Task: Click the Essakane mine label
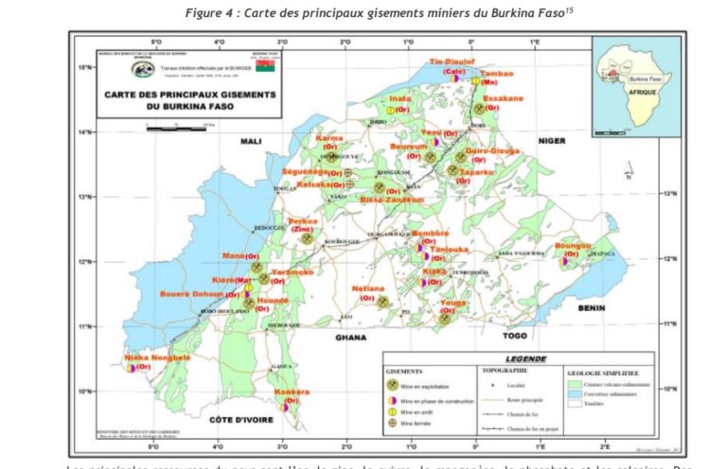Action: (503, 98)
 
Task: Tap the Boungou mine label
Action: (573, 246)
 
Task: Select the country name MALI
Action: (250, 141)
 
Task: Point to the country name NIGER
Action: (551, 141)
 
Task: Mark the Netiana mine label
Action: (369, 287)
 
